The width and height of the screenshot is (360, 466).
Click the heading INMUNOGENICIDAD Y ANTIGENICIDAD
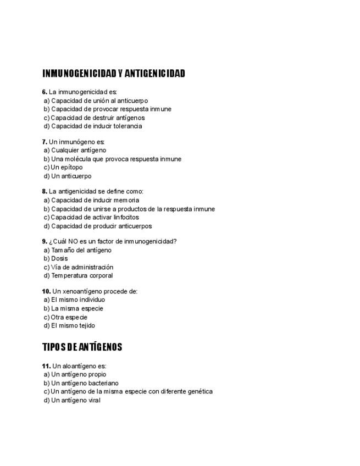coord(113,74)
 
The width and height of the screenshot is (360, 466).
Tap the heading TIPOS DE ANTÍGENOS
coord(82,347)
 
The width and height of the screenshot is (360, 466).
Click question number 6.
coord(45,92)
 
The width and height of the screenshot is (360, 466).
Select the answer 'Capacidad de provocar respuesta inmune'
coord(111,109)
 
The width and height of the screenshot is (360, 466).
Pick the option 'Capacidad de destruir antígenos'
coord(98,118)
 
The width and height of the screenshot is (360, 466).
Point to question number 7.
coord(45,142)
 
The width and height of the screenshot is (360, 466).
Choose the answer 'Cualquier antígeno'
coord(79,150)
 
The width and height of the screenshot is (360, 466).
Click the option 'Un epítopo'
coord(67,167)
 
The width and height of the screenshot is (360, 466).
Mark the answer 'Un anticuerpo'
coord(71,176)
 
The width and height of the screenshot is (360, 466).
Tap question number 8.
coord(45,192)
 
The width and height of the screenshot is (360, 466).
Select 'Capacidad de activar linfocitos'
coord(95,217)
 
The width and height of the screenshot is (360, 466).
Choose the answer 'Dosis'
coord(59,258)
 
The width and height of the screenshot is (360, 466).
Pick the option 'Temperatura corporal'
coord(82,275)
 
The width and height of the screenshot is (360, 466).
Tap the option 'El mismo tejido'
coord(73,325)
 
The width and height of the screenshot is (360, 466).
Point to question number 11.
coord(46,366)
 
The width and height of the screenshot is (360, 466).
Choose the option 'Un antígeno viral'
coord(76,400)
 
